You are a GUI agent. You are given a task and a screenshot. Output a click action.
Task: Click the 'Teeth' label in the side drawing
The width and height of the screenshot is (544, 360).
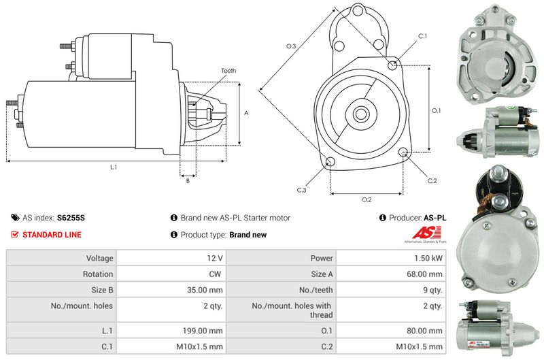[x=228, y=71]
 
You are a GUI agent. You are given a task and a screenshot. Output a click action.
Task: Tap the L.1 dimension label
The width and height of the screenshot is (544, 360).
[x=114, y=167]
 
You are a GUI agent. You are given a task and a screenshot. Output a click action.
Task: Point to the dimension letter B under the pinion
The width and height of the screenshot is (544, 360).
[x=187, y=180]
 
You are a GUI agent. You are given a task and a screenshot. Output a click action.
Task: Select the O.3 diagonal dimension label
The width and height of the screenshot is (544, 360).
[x=291, y=46]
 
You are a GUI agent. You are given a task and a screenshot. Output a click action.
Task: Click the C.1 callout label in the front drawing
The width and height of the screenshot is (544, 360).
[x=422, y=35]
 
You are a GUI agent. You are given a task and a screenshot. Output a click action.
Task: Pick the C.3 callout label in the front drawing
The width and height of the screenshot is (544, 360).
[x=301, y=190]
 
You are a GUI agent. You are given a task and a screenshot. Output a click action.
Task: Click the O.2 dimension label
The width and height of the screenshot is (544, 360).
[x=366, y=199]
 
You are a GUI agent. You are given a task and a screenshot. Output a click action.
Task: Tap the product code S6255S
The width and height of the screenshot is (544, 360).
[x=71, y=218]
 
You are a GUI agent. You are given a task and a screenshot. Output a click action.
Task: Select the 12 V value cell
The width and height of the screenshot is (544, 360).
[x=216, y=259]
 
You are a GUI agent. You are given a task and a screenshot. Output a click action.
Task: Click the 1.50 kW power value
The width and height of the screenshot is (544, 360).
[x=428, y=259]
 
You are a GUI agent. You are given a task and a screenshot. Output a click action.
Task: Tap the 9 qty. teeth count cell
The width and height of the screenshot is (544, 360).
[x=431, y=290]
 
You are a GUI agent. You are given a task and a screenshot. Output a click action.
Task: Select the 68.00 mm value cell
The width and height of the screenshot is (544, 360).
[x=426, y=274]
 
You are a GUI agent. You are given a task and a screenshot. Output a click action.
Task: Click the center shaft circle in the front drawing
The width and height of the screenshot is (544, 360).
[x=361, y=113]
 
